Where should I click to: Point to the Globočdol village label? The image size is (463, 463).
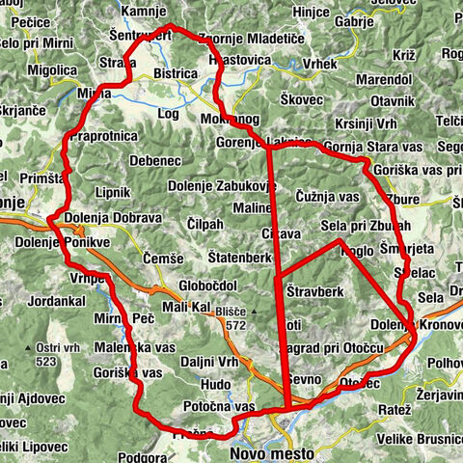tap(208, 286)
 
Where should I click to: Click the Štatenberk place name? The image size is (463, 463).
tap(238, 259)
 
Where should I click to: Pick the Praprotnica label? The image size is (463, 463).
tap(103, 137)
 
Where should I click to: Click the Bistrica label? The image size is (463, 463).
tap(175, 73)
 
